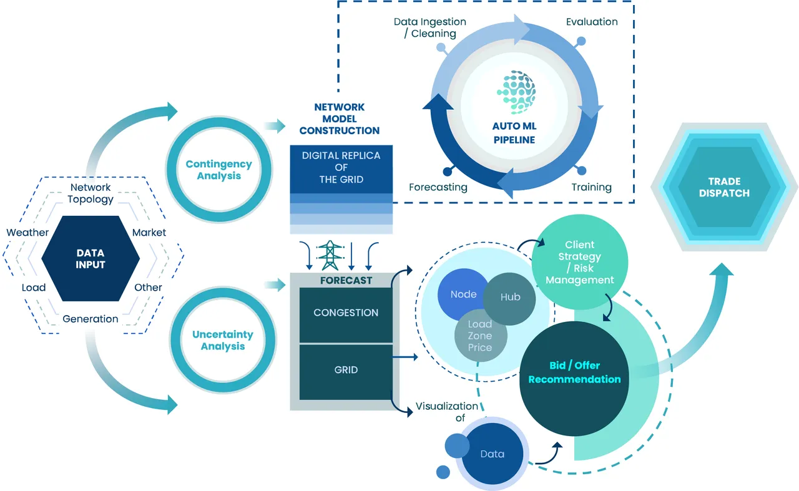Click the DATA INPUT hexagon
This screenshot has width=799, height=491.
pyautogui.click(x=91, y=258)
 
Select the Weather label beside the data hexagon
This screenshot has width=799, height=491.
pyautogui.click(x=27, y=233)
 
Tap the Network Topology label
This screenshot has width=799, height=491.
pyautogui.click(x=91, y=193)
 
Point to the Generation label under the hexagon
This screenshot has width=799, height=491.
pyautogui.click(x=91, y=319)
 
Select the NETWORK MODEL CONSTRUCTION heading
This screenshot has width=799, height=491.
pyautogui.click(x=339, y=119)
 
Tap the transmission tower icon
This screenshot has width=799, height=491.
pyautogui.click(x=330, y=255)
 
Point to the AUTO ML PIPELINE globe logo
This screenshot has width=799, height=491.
pyautogui.click(x=516, y=92)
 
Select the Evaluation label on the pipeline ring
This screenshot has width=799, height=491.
pyautogui.click(x=592, y=22)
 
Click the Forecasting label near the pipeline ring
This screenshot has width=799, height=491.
pyautogui.click(x=438, y=187)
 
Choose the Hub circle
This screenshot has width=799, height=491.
pyautogui.click(x=510, y=299)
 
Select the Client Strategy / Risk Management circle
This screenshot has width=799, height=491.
pyautogui.click(x=580, y=262)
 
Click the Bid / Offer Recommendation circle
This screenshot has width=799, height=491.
pyautogui.click(x=574, y=378)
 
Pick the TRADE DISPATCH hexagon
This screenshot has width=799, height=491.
pyautogui.click(x=724, y=187)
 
